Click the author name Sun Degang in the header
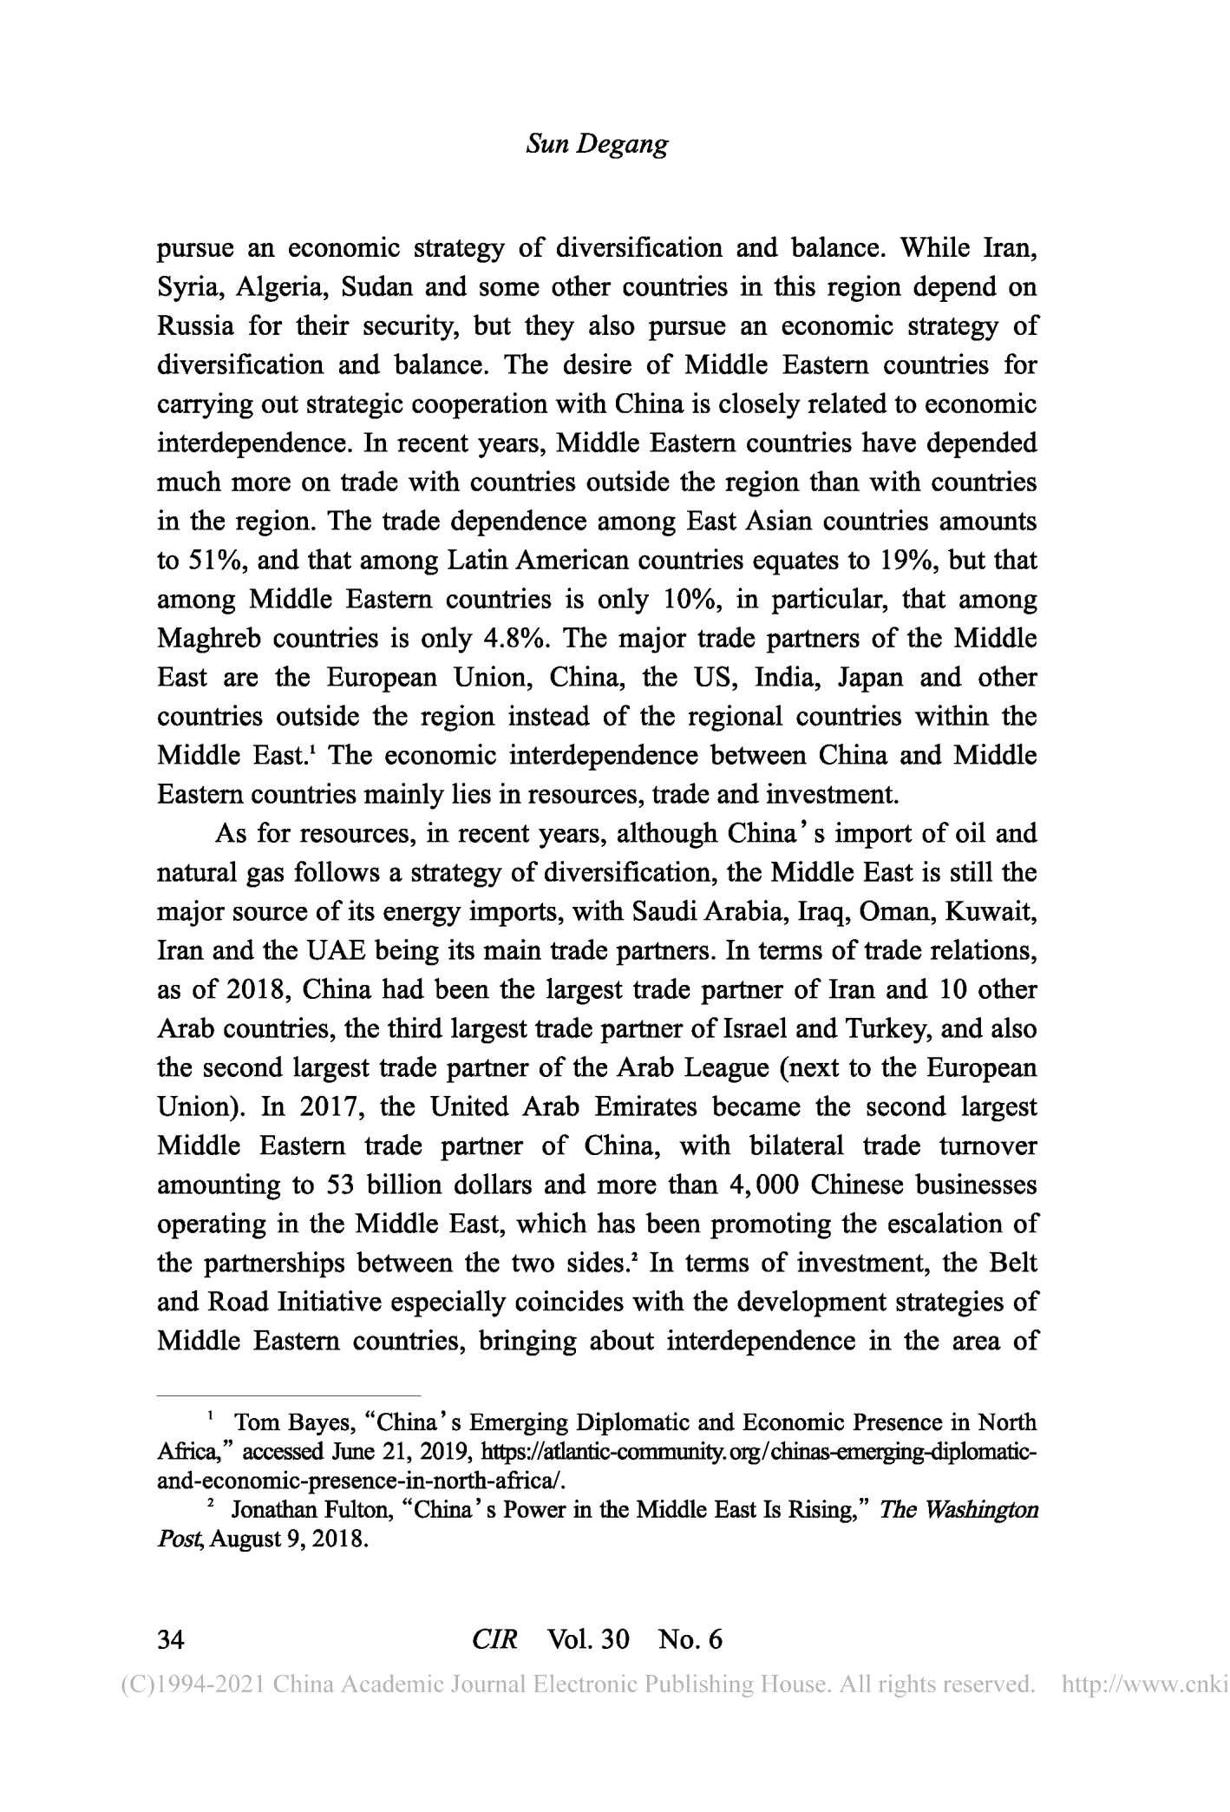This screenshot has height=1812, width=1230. tap(597, 144)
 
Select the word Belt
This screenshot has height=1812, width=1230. tap(1012, 1264)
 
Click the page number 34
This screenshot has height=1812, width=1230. tap(170, 1639)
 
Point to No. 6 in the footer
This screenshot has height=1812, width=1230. tap(690, 1639)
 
